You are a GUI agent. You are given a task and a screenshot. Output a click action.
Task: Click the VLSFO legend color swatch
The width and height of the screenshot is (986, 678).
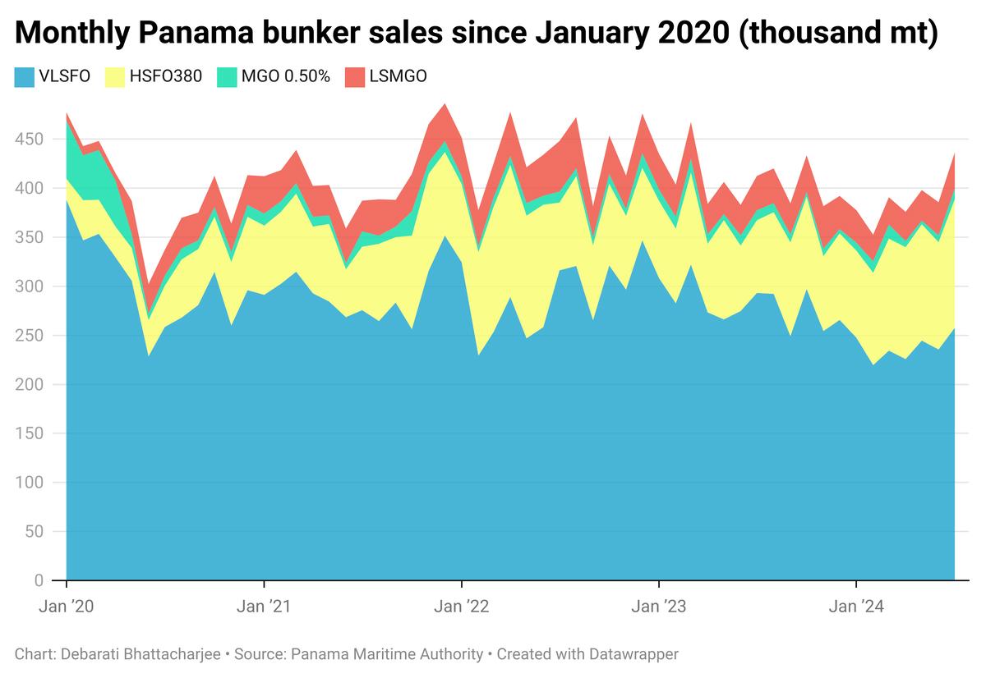24,77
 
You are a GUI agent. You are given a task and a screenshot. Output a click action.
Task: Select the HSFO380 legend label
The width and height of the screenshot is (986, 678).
164,77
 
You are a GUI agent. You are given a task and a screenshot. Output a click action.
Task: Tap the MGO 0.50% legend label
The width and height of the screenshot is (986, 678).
285,77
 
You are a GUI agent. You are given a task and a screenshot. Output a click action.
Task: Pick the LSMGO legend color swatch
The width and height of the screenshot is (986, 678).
355,77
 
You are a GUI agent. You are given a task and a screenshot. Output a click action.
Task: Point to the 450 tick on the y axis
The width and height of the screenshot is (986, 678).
30,140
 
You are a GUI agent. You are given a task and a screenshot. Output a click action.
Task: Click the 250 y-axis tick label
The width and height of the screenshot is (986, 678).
30,336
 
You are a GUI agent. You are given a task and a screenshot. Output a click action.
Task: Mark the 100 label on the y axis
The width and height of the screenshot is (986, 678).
30,483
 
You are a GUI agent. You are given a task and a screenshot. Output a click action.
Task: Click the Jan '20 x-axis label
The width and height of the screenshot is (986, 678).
66,607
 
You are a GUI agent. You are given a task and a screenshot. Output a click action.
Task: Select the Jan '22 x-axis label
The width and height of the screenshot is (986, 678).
461,607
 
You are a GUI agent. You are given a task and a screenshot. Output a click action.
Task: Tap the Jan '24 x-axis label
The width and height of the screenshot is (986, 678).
856,607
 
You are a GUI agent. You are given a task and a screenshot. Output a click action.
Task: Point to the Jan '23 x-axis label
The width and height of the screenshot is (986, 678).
658,607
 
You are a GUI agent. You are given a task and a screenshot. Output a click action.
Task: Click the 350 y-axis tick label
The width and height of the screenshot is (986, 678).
30,238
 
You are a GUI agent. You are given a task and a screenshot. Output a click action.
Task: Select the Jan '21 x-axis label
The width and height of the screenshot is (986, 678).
264,607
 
